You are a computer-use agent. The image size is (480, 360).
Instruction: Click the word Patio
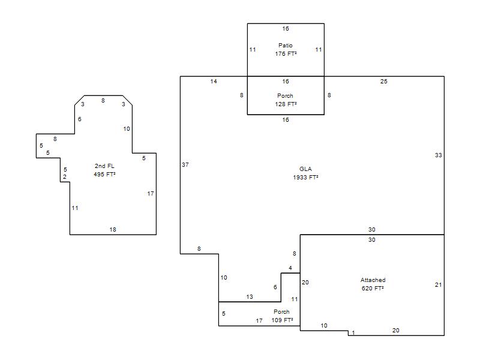286,46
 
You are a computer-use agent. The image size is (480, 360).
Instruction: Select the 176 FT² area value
286,53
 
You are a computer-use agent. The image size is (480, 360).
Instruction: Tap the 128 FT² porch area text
286,104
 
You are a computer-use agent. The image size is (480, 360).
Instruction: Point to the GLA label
305,169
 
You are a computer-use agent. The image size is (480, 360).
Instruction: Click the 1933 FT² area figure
305,177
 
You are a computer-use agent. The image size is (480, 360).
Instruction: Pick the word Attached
373,280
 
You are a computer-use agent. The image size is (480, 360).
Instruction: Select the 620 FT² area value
373,288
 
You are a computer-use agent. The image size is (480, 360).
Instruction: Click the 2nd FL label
104,166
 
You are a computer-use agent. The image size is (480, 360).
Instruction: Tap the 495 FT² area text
104,174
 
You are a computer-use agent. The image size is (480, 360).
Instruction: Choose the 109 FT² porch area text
282,320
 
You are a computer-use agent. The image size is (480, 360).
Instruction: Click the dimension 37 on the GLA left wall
185,164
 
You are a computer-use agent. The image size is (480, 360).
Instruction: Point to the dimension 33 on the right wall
439,155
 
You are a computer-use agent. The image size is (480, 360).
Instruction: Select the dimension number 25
384,82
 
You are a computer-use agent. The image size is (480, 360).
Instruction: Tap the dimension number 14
214,82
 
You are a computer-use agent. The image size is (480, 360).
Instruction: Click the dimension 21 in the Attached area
439,284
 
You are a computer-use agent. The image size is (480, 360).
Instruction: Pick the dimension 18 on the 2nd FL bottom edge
113,230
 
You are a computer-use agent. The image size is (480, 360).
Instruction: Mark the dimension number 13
250,296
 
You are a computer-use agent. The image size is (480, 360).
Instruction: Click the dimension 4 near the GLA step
290,268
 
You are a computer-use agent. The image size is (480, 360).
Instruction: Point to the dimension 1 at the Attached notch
353,333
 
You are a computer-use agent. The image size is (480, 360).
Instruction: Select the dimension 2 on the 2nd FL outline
65,176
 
